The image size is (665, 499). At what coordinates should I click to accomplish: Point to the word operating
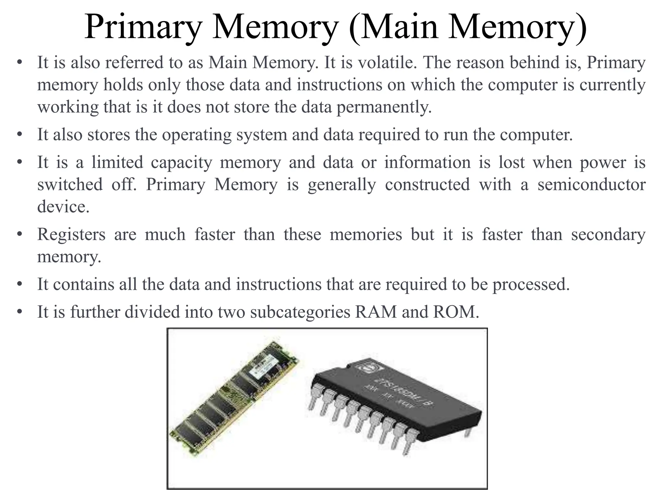196,135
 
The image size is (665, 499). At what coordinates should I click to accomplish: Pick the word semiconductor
591,185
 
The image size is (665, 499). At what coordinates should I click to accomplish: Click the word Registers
71,235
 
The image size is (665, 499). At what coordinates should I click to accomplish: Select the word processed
531,285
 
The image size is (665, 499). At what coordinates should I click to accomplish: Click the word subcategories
300,312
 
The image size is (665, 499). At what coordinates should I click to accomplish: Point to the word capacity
182,162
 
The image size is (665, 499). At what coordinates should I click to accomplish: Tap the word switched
70,185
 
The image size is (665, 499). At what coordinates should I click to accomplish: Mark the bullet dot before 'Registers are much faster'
20,235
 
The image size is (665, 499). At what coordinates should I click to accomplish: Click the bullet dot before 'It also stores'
20,135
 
